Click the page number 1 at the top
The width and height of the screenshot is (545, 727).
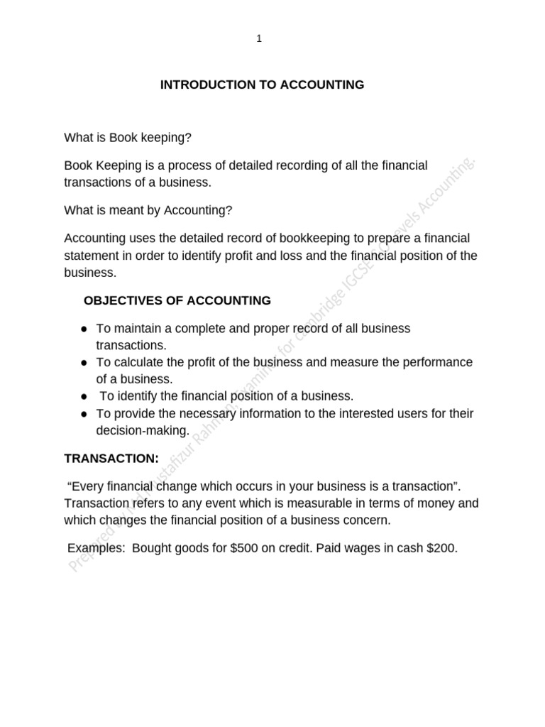[259, 39]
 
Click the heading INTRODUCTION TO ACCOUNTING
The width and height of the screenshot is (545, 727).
[262, 85]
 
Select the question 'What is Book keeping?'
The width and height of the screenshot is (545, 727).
[128, 138]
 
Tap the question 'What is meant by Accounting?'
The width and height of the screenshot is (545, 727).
[148, 210]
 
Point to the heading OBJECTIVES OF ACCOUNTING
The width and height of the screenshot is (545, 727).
[177, 300]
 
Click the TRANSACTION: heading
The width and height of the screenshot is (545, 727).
[111, 459]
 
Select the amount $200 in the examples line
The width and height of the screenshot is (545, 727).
[442, 548]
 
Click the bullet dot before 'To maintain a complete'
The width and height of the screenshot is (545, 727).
[84, 329]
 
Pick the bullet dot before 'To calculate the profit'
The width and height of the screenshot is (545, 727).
[84, 363]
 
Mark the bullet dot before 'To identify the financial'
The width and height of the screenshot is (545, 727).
[84, 397]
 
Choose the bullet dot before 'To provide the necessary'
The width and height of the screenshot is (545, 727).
[84, 414]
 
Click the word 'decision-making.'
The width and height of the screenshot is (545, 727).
[143, 431]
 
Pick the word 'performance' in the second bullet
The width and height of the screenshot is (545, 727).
[439, 363]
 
